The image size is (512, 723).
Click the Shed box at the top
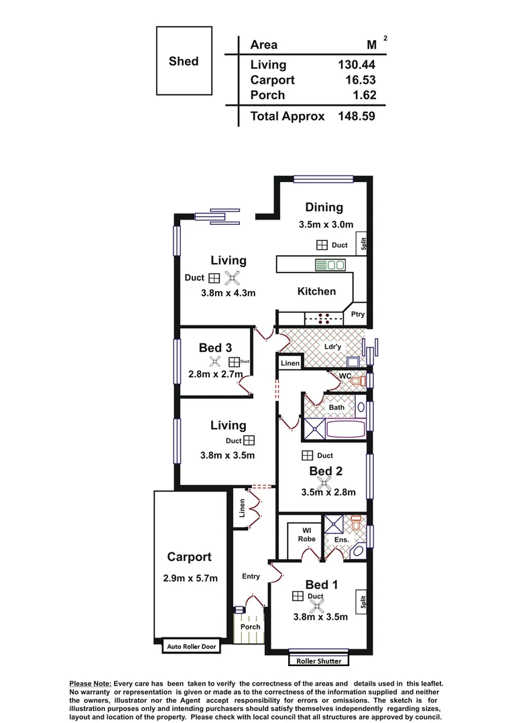point(184,61)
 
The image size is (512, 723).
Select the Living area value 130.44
point(356,65)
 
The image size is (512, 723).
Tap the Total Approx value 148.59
point(356,116)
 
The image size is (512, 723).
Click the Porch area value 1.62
point(365,95)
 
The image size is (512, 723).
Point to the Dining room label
point(324,208)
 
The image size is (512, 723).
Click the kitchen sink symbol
point(330,265)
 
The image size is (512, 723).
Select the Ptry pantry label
point(358,314)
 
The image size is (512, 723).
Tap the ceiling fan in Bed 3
point(215,362)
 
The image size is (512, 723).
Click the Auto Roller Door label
point(192,647)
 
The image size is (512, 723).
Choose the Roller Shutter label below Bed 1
point(319,661)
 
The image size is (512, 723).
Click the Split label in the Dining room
point(363,244)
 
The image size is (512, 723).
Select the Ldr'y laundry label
point(333,347)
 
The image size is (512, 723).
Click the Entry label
point(251,576)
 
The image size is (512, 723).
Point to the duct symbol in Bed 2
point(306,455)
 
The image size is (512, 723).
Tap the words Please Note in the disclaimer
point(90,684)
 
